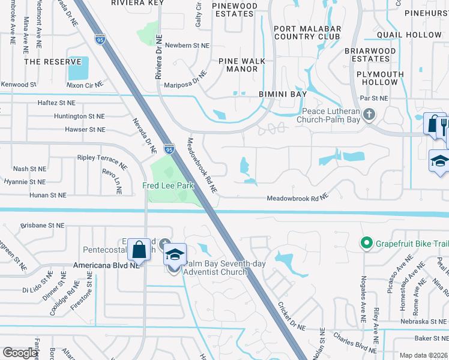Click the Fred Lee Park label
tap(168, 186)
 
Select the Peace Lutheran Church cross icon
tap(369, 113)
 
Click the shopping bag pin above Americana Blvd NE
tap(139, 250)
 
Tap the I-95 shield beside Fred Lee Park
tap(169, 149)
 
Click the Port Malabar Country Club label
tap(307, 32)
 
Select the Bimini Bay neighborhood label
tap(283, 94)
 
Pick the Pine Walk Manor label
tap(238, 65)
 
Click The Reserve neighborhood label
tap(52, 62)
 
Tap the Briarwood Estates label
tap(370, 55)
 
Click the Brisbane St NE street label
tap(42, 226)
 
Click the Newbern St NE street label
tap(187, 46)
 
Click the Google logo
tap(20, 353)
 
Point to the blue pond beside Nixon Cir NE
tap(78, 68)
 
